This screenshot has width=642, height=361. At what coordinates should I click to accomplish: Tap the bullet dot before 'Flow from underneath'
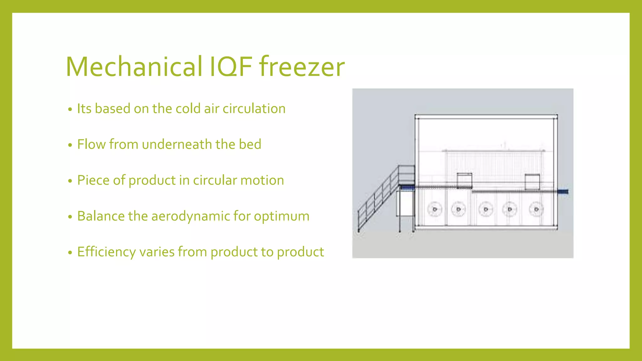click(x=70, y=145)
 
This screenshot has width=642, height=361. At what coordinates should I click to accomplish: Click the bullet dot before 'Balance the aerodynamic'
click(x=70, y=217)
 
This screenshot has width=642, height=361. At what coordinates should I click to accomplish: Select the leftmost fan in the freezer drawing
click(x=435, y=209)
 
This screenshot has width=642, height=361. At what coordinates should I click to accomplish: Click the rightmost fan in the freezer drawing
click(x=536, y=209)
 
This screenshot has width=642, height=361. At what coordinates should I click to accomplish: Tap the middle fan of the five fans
click(x=486, y=209)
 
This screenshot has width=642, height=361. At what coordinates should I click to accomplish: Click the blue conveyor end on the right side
click(x=564, y=191)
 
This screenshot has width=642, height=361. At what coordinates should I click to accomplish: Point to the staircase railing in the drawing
click(x=376, y=201)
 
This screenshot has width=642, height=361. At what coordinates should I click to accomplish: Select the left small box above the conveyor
click(x=464, y=180)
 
